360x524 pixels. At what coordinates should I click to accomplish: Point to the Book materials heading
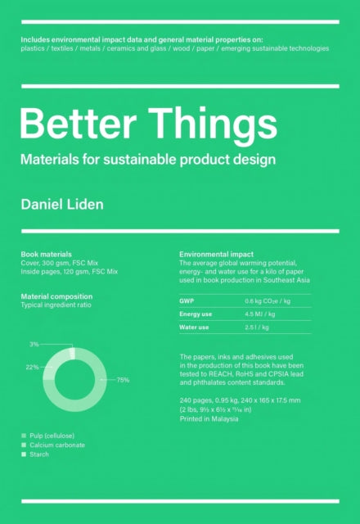point(46,255)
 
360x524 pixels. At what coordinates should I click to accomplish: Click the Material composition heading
point(56,296)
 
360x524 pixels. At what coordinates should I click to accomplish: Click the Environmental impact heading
point(216,255)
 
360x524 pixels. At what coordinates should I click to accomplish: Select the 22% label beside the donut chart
point(32,367)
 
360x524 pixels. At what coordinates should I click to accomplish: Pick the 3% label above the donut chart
point(34,345)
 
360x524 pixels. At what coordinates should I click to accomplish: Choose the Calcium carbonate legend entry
point(57,445)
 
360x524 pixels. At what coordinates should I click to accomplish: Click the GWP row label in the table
point(187,300)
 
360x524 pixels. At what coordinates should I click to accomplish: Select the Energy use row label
point(196,314)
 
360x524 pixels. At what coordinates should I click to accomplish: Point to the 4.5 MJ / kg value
point(261,314)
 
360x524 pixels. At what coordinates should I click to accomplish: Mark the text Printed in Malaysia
point(209,418)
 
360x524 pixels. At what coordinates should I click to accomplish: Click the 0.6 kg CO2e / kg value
point(268,300)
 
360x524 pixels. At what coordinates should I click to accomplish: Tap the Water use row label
point(194,327)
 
